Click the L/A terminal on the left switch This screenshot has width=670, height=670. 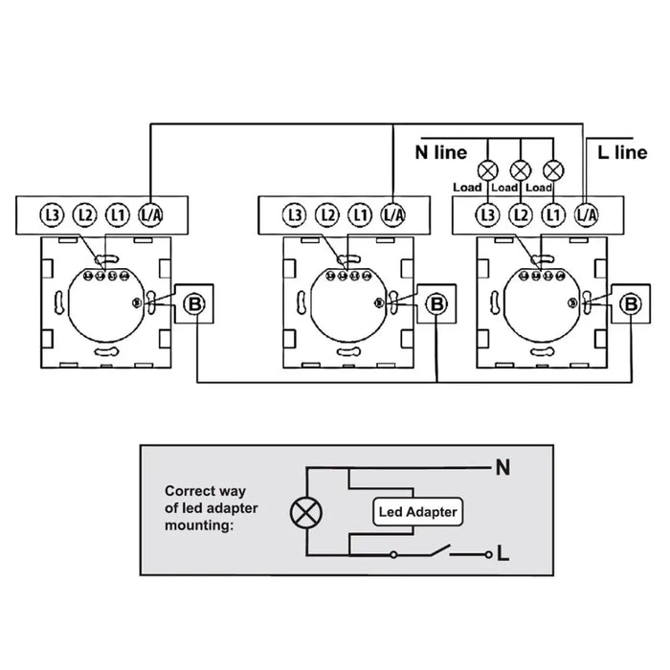[x=150, y=214]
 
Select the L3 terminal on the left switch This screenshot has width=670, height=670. [x=53, y=214]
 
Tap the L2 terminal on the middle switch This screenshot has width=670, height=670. [x=327, y=214]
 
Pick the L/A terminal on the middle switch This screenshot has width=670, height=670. [x=392, y=214]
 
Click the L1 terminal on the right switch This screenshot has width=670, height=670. [x=551, y=214]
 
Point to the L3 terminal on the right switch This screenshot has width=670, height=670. [x=488, y=214]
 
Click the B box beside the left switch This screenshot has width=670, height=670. [x=194, y=304]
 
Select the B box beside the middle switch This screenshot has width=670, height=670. [x=437, y=304]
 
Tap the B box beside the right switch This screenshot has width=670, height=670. [x=631, y=304]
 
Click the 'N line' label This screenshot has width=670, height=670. [x=440, y=152]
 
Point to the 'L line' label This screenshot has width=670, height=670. [x=622, y=152]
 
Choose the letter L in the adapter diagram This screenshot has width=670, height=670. [x=502, y=554]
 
